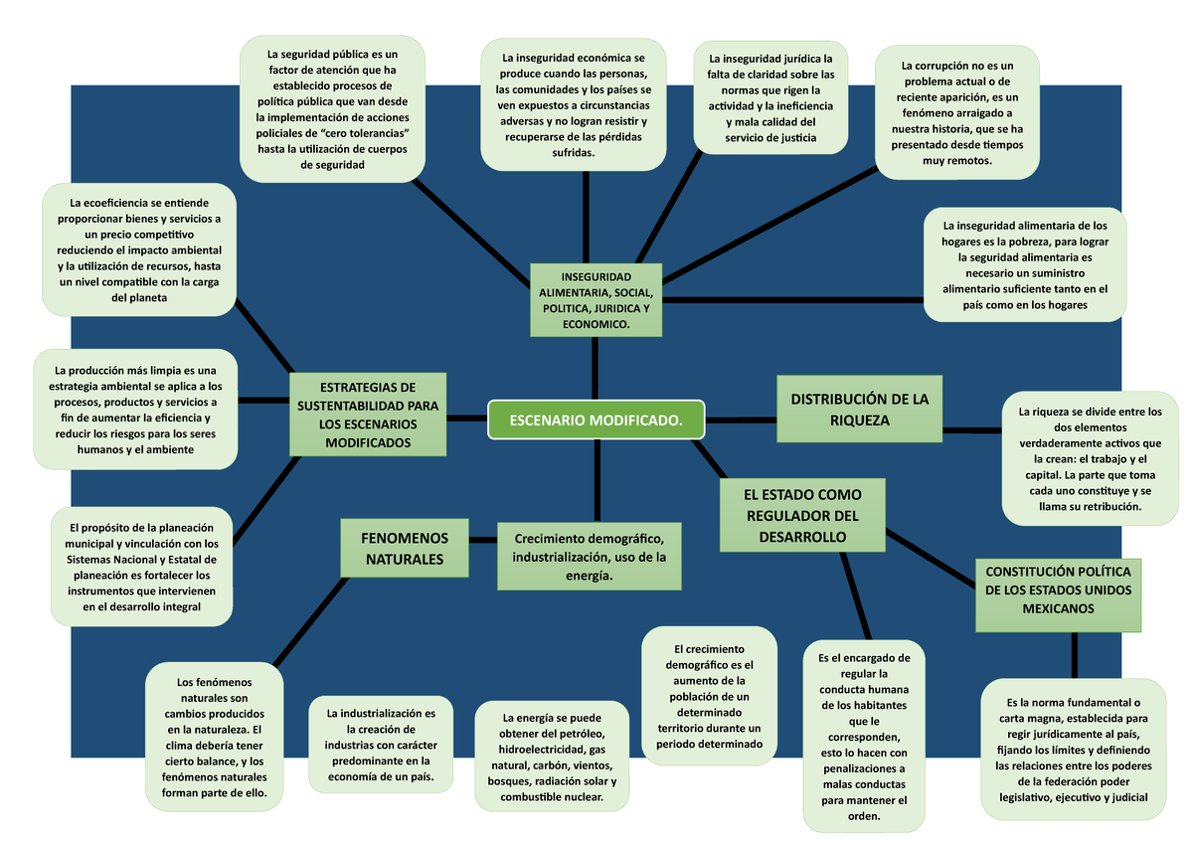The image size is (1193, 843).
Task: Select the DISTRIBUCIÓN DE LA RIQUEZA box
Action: (859, 410)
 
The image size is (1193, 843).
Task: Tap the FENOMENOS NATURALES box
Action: (404, 548)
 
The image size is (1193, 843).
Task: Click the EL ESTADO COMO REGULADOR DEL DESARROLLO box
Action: (801, 515)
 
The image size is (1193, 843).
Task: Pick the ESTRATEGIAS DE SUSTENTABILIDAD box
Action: (368, 415)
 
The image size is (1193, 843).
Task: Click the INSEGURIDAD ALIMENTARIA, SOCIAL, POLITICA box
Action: (596, 300)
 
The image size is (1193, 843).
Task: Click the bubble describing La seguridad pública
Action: (332, 109)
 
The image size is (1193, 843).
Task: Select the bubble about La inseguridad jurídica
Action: (770, 98)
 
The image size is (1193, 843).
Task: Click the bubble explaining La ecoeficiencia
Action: (139, 250)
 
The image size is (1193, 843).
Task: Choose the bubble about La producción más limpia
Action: (135, 409)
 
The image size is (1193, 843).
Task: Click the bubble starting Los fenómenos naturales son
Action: (214, 738)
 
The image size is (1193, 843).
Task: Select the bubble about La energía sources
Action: (552, 758)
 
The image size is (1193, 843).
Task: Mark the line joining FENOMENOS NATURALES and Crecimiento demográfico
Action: (483, 540)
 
